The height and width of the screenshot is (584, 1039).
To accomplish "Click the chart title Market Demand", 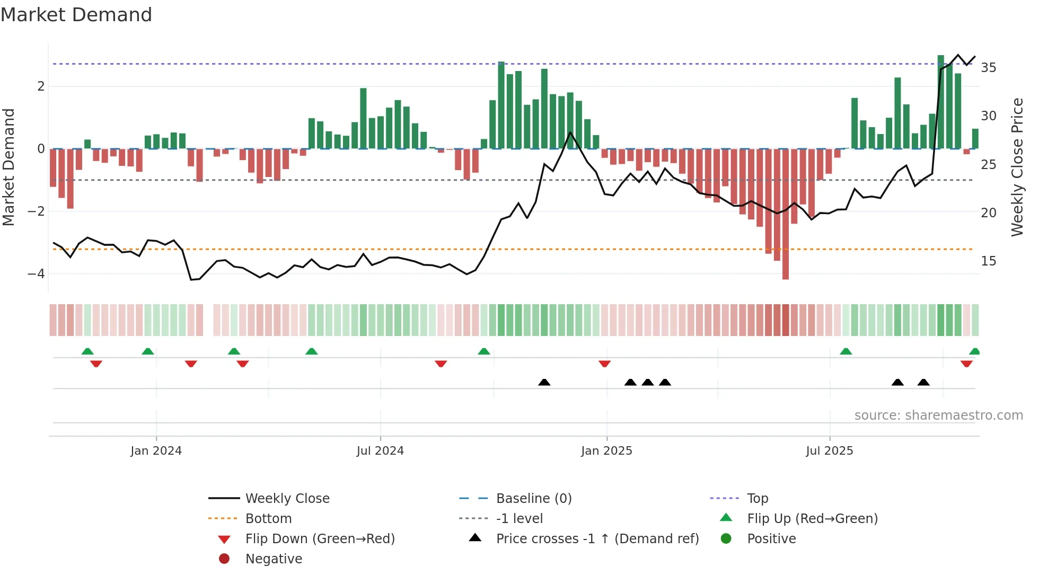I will click(76, 15).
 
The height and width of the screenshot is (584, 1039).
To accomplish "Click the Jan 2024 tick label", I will click(156, 451).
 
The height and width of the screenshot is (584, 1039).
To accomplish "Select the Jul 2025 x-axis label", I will click(829, 451).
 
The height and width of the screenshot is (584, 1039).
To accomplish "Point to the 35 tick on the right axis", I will click(988, 68).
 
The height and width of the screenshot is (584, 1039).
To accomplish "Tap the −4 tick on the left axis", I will click(36, 274).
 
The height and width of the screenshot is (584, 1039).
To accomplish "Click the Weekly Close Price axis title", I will click(1017, 167).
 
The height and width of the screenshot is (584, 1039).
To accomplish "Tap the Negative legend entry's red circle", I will click(224, 559).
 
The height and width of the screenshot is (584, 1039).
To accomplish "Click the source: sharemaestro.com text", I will click(938, 415).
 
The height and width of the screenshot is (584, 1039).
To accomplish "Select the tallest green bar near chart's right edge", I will click(940, 101).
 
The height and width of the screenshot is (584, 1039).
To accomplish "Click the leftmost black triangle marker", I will click(544, 382).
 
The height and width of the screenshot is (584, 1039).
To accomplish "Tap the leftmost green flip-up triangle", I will click(87, 351).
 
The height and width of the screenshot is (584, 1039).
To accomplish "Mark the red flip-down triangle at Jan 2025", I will click(604, 364).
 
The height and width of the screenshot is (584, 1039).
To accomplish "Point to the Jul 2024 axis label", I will click(380, 451).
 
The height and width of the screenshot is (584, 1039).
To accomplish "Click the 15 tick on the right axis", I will click(988, 261).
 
